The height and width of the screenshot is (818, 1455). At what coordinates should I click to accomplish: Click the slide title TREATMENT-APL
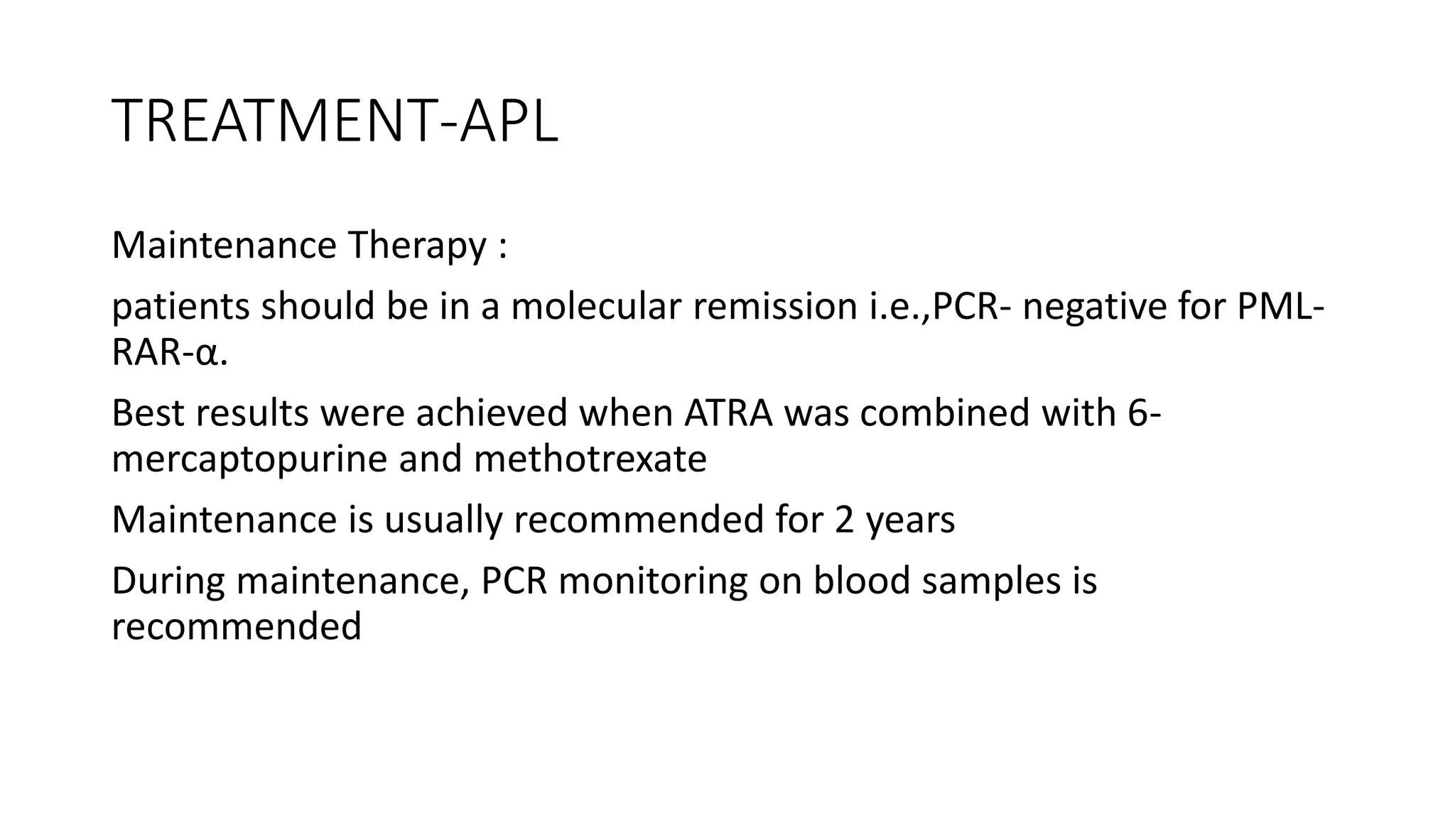pyautogui.click(x=335, y=122)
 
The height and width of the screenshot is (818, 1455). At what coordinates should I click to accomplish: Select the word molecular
pyautogui.click(x=596, y=307)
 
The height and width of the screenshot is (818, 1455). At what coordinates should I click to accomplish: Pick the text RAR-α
pyautogui.click(x=169, y=353)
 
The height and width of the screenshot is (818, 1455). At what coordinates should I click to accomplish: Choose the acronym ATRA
pyautogui.click(x=728, y=413)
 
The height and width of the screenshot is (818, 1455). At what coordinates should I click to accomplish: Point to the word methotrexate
pyautogui.click(x=590, y=459)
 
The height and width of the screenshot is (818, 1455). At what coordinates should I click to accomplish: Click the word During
pyautogui.click(x=168, y=581)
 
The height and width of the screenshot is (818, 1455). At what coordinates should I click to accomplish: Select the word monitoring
pyautogui.click(x=653, y=581)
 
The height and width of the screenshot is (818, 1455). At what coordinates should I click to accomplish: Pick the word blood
pyautogui.click(x=862, y=581)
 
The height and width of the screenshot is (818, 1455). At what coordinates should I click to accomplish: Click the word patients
pyautogui.click(x=180, y=307)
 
